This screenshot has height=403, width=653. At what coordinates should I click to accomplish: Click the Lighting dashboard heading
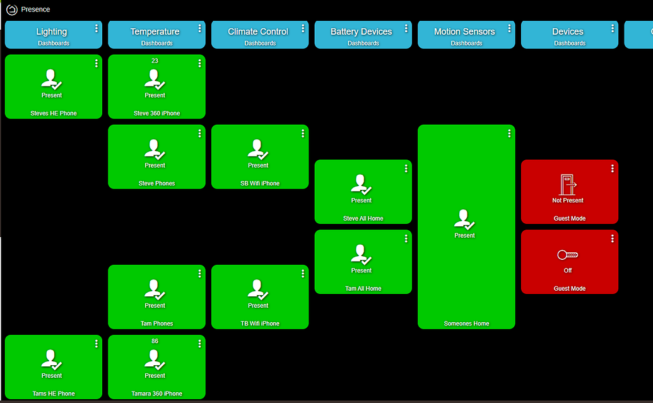[52, 32]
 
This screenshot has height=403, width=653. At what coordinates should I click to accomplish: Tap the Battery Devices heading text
[362, 32]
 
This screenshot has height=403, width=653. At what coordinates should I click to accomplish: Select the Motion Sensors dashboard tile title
[464, 32]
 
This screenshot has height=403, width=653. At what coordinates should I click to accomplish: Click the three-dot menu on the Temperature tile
[199, 28]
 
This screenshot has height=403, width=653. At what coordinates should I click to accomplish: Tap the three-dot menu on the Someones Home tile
[509, 134]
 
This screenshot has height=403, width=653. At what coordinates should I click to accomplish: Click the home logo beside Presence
[11, 9]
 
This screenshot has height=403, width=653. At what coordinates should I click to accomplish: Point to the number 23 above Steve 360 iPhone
[155, 61]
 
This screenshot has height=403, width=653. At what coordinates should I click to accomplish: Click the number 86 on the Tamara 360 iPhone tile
[155, 341]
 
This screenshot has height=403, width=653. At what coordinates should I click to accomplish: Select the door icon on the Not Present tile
[568, 184]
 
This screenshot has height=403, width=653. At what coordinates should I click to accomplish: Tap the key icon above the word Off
[568, 255]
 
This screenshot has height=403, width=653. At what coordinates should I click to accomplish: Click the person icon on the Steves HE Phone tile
[52, 79]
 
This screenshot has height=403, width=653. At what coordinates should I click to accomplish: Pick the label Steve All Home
[363, 219]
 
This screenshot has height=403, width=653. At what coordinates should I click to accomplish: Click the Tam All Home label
[363, 289]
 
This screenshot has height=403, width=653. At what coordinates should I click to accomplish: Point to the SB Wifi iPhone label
[259, 184]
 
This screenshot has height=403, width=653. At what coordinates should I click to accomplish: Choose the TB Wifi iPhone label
[259, 324]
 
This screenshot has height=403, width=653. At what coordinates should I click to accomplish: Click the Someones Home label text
[466, 324]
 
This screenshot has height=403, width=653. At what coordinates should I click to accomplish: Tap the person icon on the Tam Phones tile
[155, 289]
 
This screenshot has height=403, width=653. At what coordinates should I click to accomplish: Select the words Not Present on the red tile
[568, 201]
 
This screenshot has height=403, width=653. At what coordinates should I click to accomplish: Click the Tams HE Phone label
[54, 394]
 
